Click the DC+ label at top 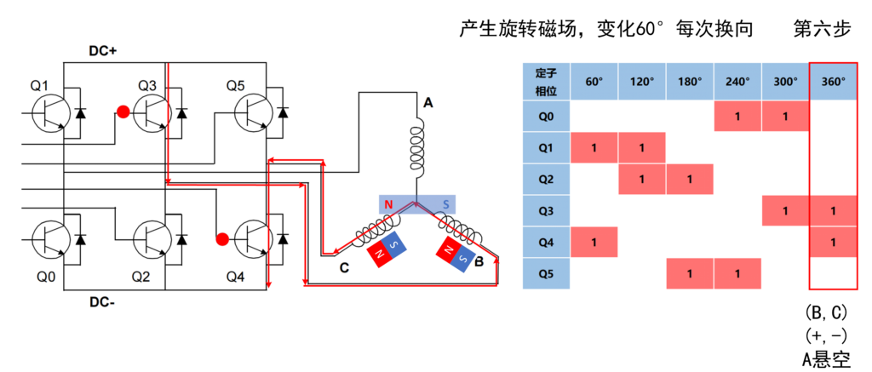pos(103,51)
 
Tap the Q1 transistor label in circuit pos(40,85)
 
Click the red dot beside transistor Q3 pos(123,112)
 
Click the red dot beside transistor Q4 pos(222,238)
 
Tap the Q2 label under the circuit pos(141,277)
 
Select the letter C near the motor pos(344,267)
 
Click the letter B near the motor pos(479,263)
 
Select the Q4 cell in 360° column pos(833,242)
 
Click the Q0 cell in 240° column pos(737,115)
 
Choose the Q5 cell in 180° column pos(690,274)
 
